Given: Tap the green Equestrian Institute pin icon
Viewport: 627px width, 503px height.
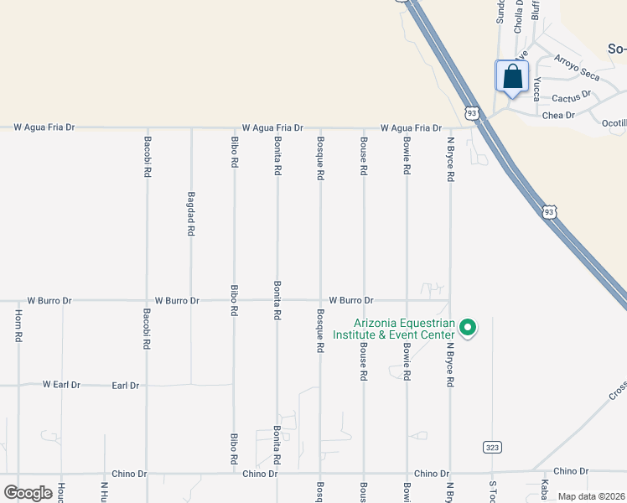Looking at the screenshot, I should [469, 327].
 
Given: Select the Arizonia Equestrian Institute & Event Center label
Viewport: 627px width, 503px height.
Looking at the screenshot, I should [404, 329].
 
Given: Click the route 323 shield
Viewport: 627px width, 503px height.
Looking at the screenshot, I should [492, 447].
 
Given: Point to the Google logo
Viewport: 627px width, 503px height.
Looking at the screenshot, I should [28, 493].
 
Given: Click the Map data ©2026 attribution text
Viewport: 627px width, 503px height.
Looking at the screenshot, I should [590, 496].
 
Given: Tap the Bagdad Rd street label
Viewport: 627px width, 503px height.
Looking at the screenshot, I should [191, 217].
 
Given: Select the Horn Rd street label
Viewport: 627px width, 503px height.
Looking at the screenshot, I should [18, 326].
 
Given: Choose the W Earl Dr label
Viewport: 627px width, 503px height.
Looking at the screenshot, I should [61, 385].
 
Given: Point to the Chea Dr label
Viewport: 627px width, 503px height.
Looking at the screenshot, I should [558, 116].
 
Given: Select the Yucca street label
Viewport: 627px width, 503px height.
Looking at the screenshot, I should [536, 88].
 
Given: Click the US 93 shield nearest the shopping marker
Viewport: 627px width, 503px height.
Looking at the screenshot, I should [472, 112].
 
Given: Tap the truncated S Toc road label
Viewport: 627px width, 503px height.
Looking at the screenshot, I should [493, 490].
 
